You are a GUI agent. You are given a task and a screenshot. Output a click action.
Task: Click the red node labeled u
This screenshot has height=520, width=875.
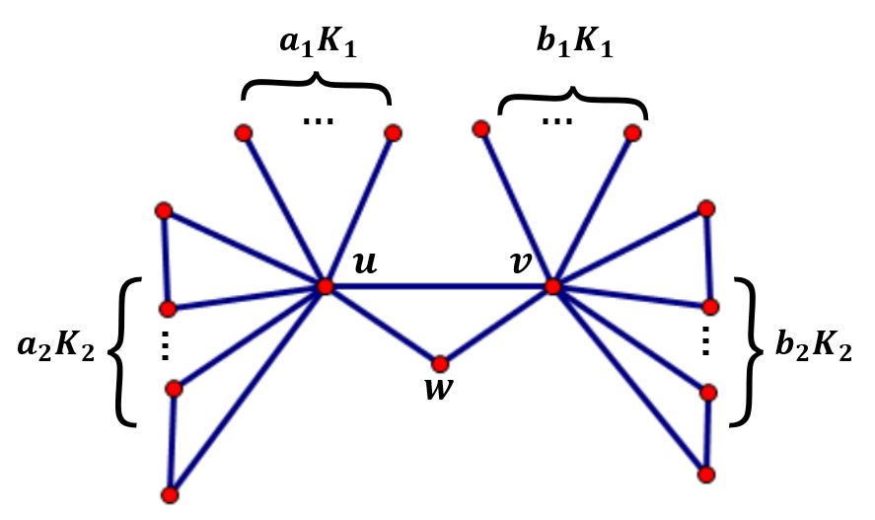[326, 286]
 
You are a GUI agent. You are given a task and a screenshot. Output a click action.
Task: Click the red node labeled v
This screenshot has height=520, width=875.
[552, 286]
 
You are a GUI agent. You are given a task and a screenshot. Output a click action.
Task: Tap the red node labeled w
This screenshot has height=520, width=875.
[440, 364]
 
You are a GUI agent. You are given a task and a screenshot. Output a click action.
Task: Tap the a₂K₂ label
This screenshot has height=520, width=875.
[56, 347]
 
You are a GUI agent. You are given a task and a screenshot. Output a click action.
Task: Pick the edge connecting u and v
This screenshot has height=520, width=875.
[439, 286]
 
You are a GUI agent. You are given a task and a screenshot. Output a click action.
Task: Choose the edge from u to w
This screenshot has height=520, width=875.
[383, 326]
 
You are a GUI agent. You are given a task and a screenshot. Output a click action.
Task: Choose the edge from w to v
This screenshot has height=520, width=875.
[496, 326]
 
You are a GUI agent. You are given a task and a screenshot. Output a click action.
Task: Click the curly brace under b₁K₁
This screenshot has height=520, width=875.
[573, 97]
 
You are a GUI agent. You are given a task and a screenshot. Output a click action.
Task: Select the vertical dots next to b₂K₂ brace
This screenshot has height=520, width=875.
[705, 340]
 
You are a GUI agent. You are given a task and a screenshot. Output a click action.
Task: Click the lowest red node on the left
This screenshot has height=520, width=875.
[171, 493]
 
